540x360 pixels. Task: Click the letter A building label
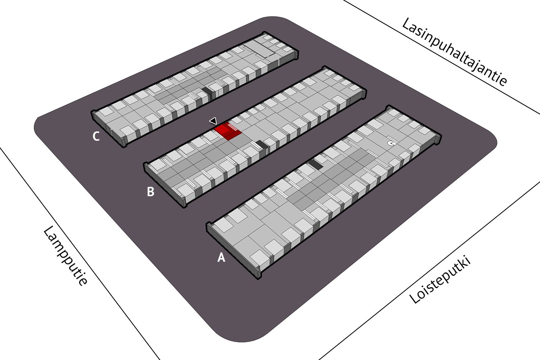click(x=221, y=257)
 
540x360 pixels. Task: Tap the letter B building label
click(x=151, y=192)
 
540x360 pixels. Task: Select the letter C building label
click(x=96, y=136)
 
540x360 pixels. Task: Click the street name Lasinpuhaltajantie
click(x=454, y=51)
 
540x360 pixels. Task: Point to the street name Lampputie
click(x=65, y=256)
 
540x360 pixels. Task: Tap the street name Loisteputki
click(x=440, y=280)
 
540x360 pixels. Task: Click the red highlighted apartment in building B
click(x=228, y=131)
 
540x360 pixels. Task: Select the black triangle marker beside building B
click(x=213, y=121)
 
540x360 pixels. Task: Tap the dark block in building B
click(x=262, y=144)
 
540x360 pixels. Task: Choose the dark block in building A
click(x=316, y=164)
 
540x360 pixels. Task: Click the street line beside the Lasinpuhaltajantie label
click(x=441, y=57)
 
